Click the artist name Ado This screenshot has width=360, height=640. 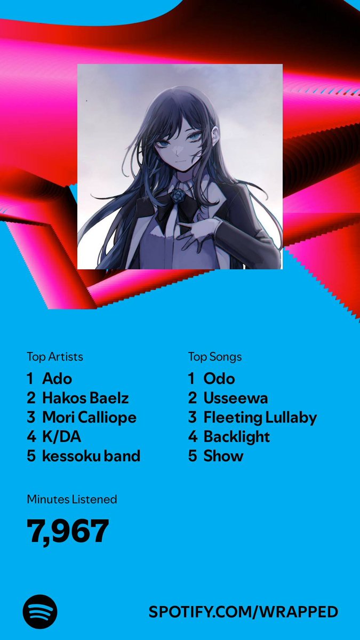[x=57, y=379]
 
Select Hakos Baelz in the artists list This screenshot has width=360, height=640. [x=85, y=398]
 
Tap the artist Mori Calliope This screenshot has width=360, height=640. [x=89, y=418]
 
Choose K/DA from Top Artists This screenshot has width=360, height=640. [x=62, y=437]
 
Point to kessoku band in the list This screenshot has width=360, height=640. [x=91, y=456]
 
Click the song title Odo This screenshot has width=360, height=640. [x=219, y=379]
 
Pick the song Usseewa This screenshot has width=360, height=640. [x=236, y=398]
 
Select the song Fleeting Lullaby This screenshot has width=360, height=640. [x=260, y=418]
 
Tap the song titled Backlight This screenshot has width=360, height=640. [x=237, y=437]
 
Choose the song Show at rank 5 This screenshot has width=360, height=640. [x=223, y=456]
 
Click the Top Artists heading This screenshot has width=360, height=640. [x=55, y=357]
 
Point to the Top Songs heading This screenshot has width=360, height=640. [x=214, y=357]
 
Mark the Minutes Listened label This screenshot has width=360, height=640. [x=72, y=500]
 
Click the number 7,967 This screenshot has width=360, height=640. [x=68, y=531]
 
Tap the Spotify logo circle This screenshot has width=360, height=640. [x=40, y=611]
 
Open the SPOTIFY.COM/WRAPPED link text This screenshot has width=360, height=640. [x=243, y=612]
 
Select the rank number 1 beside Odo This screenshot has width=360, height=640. [x=191, y=379]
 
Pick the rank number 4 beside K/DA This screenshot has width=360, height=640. [x=31, y=437]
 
